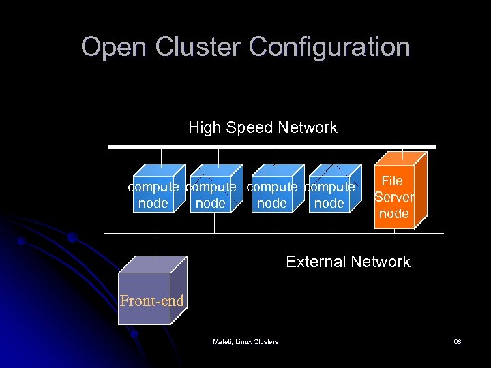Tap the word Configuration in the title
point(329,47)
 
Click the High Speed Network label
point(263,127)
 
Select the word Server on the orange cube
point(394,197)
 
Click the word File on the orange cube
point(392,181)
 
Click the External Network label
point(348,262)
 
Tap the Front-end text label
point(151,301)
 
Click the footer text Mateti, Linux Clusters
point(245,341)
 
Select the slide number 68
point(458,341)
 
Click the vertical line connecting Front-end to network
point(154,247)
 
